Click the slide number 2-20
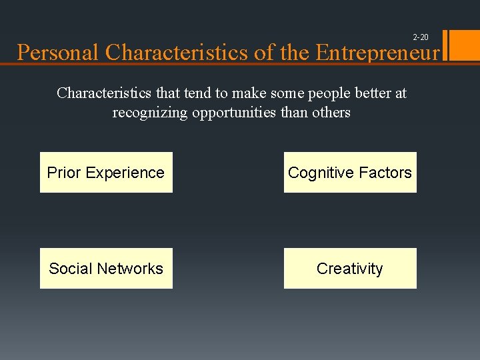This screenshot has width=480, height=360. (x=421, y=37)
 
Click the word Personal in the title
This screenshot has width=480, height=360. (x=59, y=53)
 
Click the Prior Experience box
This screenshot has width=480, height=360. (x=106, y=173)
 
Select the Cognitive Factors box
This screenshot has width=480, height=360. (x=350, y=173)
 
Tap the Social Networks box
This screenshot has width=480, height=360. (x=106, y=269)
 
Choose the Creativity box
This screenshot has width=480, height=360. (x=350, y=269)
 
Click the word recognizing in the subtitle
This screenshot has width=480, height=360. (x=150, y=113)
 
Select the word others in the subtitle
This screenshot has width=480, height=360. (x=330, y=113)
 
